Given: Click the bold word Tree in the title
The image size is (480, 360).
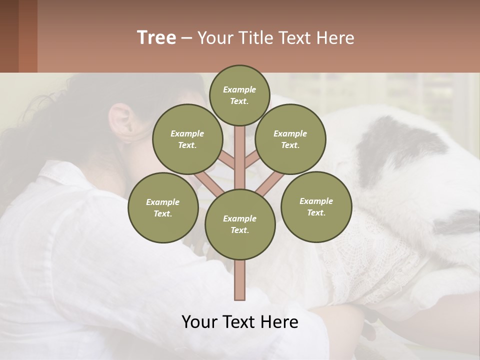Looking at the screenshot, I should click(x=156, y=38).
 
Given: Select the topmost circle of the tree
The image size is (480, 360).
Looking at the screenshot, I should click(x=239, y=95).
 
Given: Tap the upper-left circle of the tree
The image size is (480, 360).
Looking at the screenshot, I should click(x=187, y=139).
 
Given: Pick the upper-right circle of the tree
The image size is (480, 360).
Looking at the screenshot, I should click(x=290, y=139).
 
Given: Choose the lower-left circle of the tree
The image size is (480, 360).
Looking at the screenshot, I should click(x=162, y=207).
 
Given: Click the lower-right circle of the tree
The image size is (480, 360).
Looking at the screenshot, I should click(x=316, y=206).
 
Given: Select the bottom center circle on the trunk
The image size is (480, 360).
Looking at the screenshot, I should click(x=239, y=224).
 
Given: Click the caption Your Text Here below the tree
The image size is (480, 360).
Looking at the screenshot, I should click(x=239, y=321).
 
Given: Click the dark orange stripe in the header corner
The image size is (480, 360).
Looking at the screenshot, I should click(x=27, y=36).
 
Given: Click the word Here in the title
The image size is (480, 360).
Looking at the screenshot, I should click(x=335, y=38).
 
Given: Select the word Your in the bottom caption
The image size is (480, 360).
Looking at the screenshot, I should click(x=199, y=321).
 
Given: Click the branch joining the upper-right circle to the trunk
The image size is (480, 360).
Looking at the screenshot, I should click(x=251, y=160).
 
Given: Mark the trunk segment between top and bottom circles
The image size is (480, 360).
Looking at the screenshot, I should click(x=239, y=157).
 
